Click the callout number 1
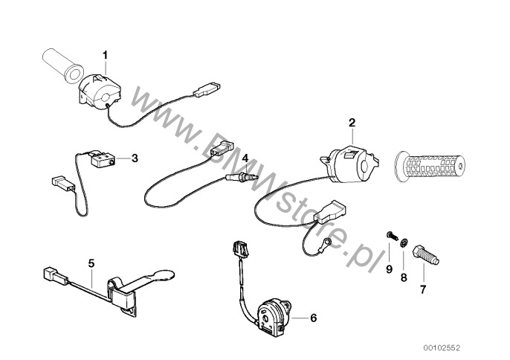point(105,55)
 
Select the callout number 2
point(352,122)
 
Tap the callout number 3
point(135,158)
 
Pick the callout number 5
point(91,263)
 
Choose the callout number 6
point(313,318)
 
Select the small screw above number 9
point(390,237)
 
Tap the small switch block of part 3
point(98,158)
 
